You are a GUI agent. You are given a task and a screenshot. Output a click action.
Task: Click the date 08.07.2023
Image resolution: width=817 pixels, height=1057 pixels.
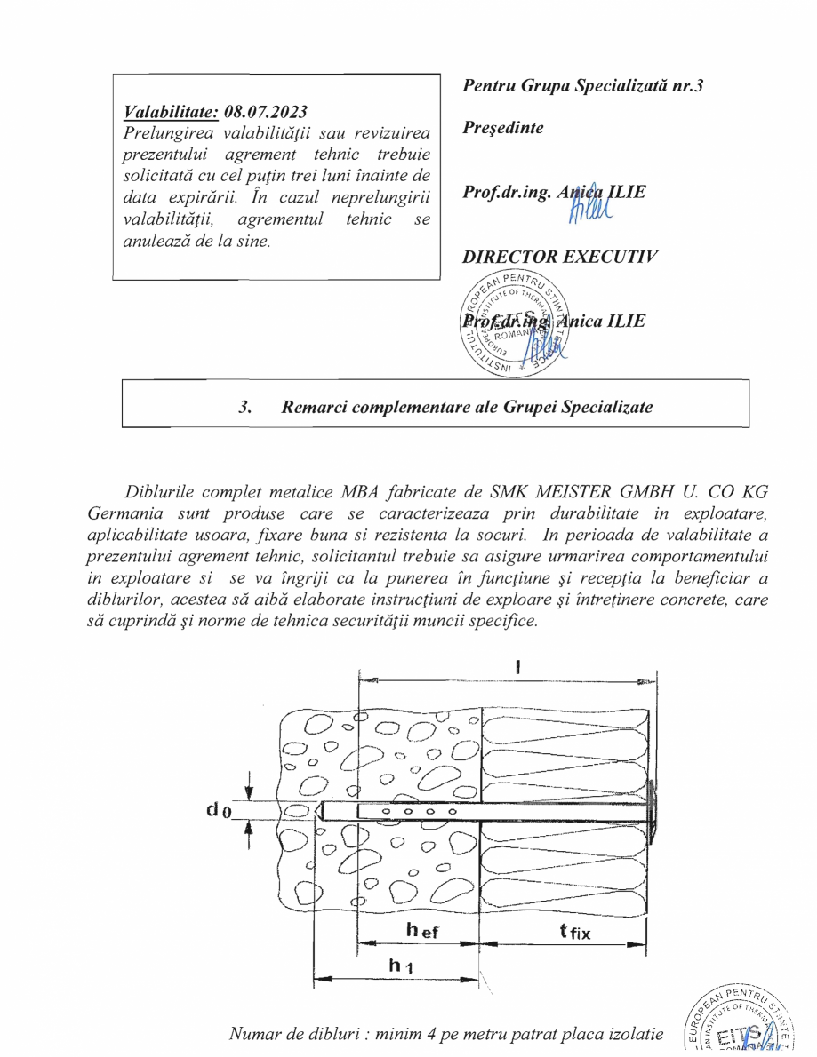tap(266, 112)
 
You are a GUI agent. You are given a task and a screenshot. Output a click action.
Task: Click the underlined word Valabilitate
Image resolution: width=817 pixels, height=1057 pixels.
tap(171, 112)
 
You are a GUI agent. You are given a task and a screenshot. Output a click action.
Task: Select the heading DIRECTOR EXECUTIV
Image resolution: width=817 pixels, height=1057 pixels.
tap(560, 257)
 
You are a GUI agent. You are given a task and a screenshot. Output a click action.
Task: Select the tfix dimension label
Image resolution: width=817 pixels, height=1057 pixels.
tap(574, 932)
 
